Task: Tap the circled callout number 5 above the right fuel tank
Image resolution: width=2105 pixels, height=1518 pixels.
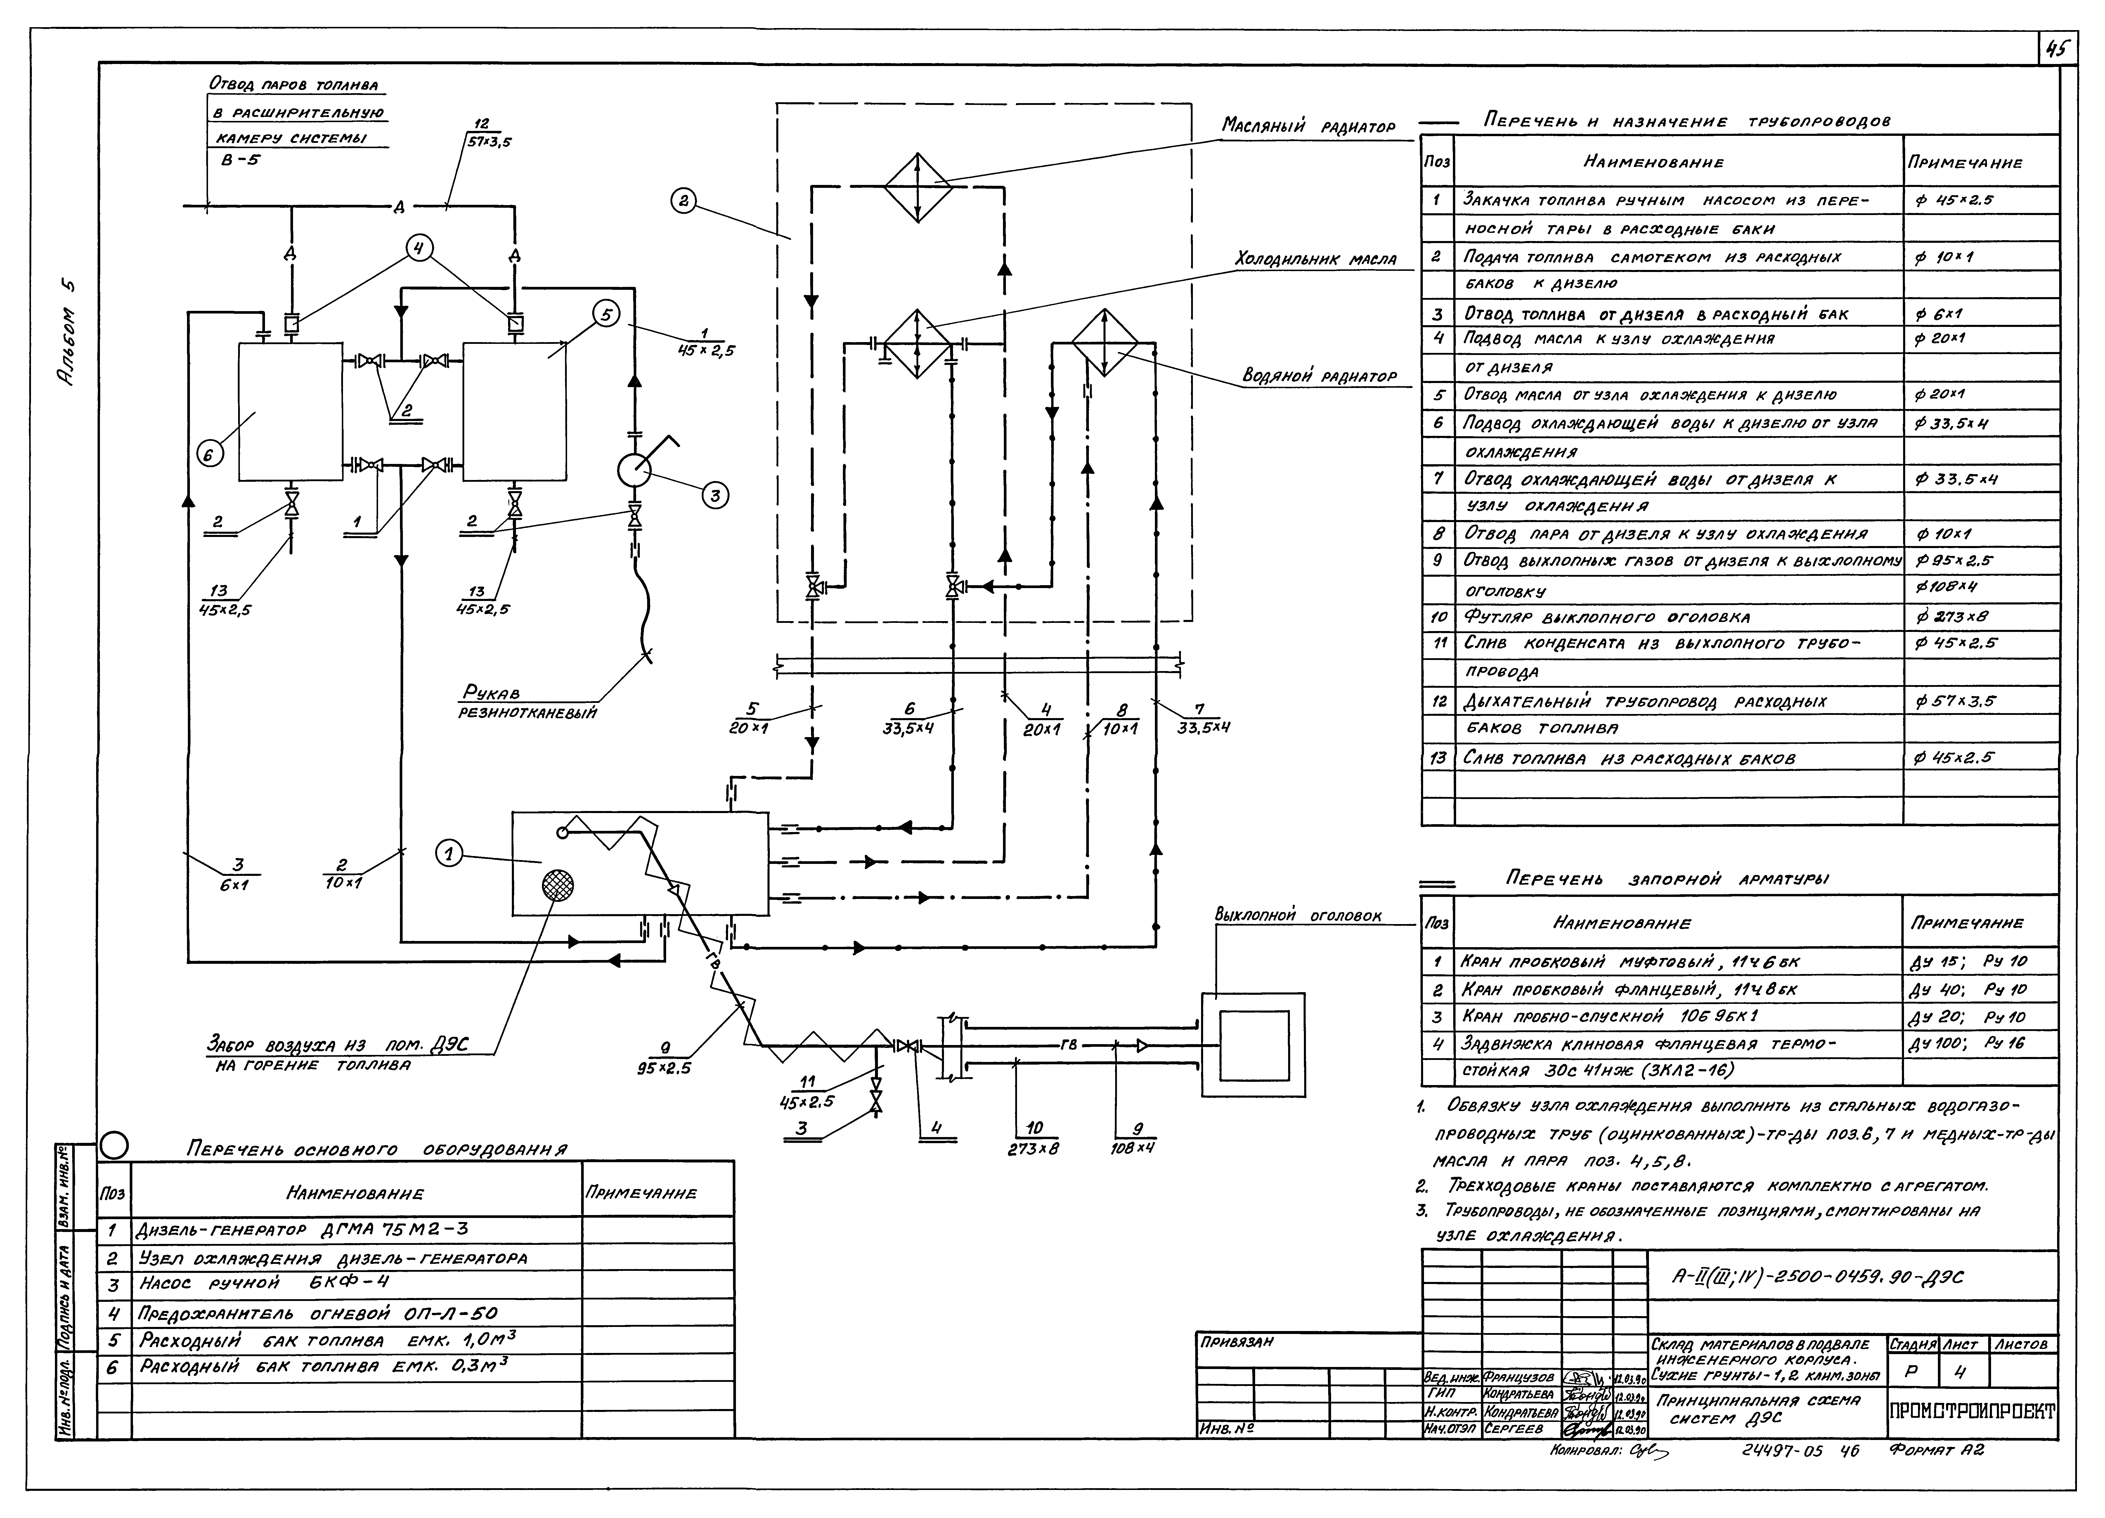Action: click(x=606, y=315)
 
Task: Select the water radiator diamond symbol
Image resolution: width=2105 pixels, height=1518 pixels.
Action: click(x=1104, y=343)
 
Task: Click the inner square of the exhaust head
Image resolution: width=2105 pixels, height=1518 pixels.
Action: click(x=1254, y=1045)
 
